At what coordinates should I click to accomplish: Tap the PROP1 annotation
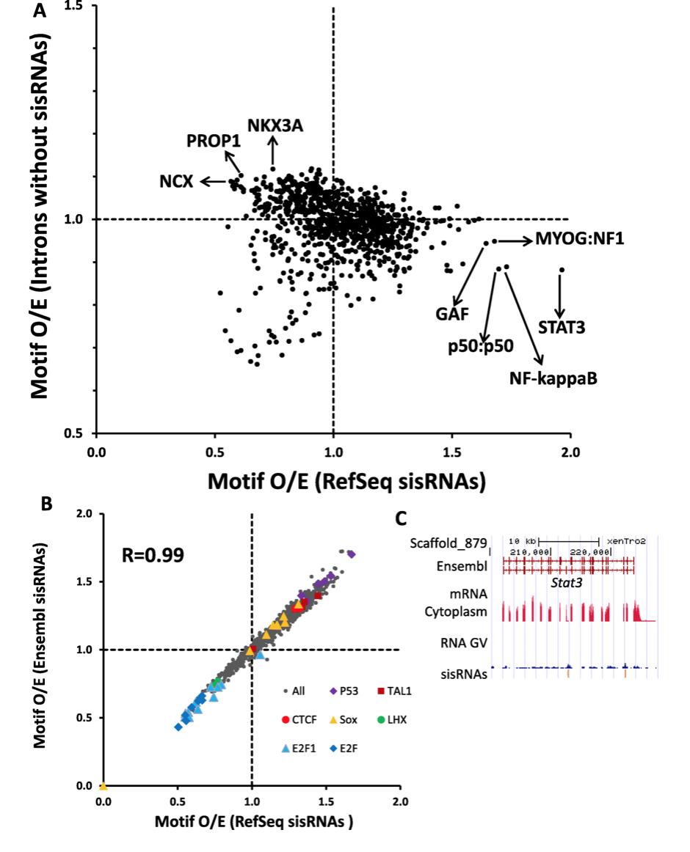pyautogui.click(x=214, y=140)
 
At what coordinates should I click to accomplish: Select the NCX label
pyautogui.click(x=176, y=180)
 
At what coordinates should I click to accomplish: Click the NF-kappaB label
pyautogui.click(x=548, y=378)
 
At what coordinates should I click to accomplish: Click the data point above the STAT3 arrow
pyautogui.click(x=562, y=270)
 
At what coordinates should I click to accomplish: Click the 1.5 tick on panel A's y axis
pyautogui.click(x=76, y=6)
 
